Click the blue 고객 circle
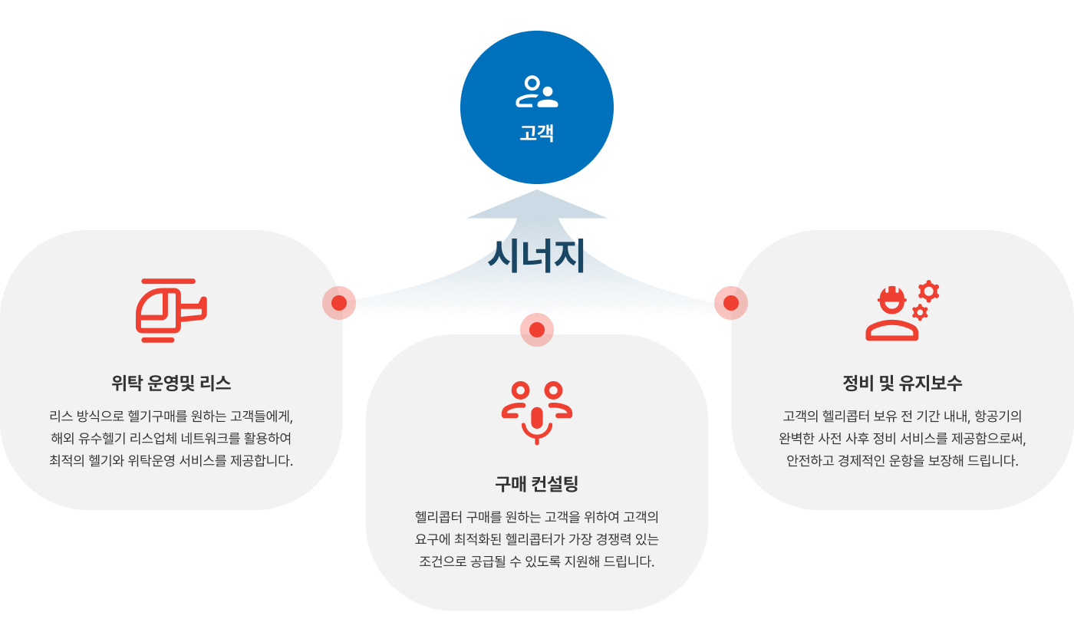[x=536, y=107]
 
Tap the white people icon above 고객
[x=536, y=91]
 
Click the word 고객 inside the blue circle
[x=536, y=133]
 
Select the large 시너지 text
[x=536, y=256]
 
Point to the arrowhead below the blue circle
[x=536, y=205]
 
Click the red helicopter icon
[x=171, y=310]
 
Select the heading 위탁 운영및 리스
[x=171, y=383]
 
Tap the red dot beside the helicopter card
[x=339, y=303]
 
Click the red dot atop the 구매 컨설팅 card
[x=536, y=330]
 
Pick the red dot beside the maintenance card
[x=730, y=303]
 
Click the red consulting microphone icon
[x=536, y=413]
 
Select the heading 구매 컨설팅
[x=536, y=483]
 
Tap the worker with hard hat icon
[x=891, y=314]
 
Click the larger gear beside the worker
[x=929, y=291]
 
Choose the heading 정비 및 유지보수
[x=902, y=383]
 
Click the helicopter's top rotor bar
[x=168, y=281]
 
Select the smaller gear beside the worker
[x=920, y=313]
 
